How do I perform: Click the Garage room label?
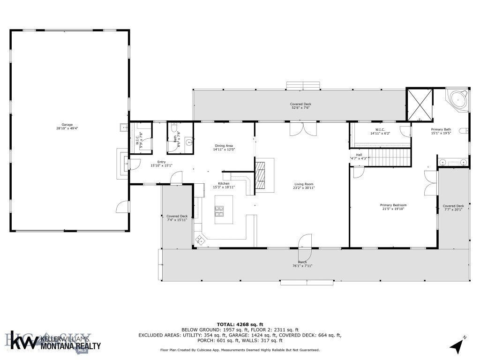coord(67,125)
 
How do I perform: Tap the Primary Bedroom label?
coord(393,205)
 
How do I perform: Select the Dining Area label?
coord(223,146)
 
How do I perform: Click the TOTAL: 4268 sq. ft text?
coord(240,324)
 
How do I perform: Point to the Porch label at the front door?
coord(303,262)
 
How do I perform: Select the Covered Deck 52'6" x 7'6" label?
coord(300,104)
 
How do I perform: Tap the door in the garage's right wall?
coord(122,207)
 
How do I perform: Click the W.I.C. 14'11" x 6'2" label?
coord(380,130)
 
